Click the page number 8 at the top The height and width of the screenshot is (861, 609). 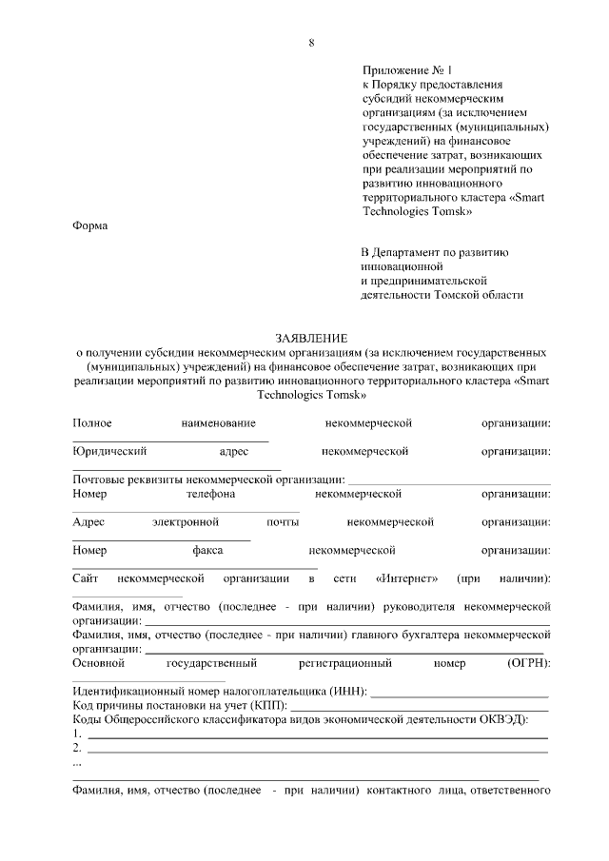tap(311, 42)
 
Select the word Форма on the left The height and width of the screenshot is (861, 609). tap(90, 225)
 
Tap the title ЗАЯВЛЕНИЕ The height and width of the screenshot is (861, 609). tap(311, 338)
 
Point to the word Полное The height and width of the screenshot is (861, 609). tap(92, 422)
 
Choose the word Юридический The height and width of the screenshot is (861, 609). tap(109, 451)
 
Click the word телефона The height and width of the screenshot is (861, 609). tap(211, 494)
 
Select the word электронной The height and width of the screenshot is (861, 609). tap(186, 522)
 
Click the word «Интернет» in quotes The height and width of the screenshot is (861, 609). tap(407, 578)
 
